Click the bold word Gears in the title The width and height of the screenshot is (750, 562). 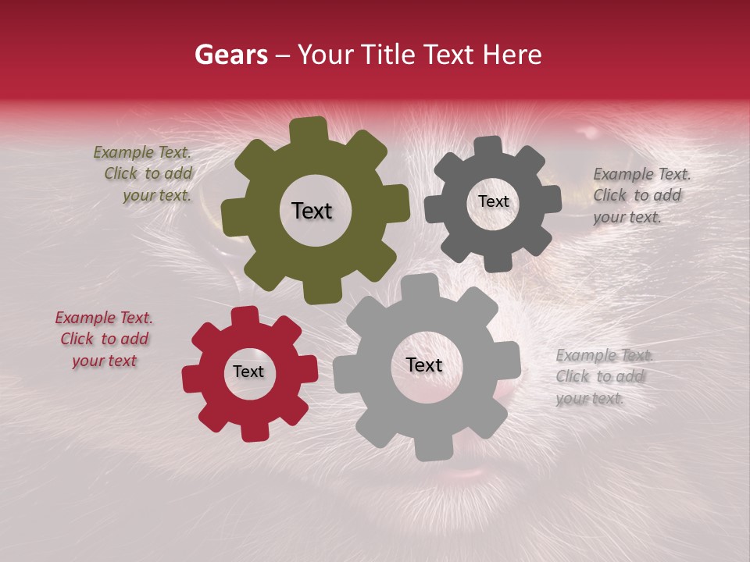coord(230,55)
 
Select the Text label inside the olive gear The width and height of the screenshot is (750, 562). coord(312,211)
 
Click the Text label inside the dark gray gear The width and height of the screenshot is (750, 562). coord(493,201)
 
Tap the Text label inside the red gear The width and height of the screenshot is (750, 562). coord(248,372)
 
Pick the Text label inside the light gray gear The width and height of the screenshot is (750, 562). coord(424,365)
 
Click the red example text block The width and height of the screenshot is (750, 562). coord(104,339)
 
